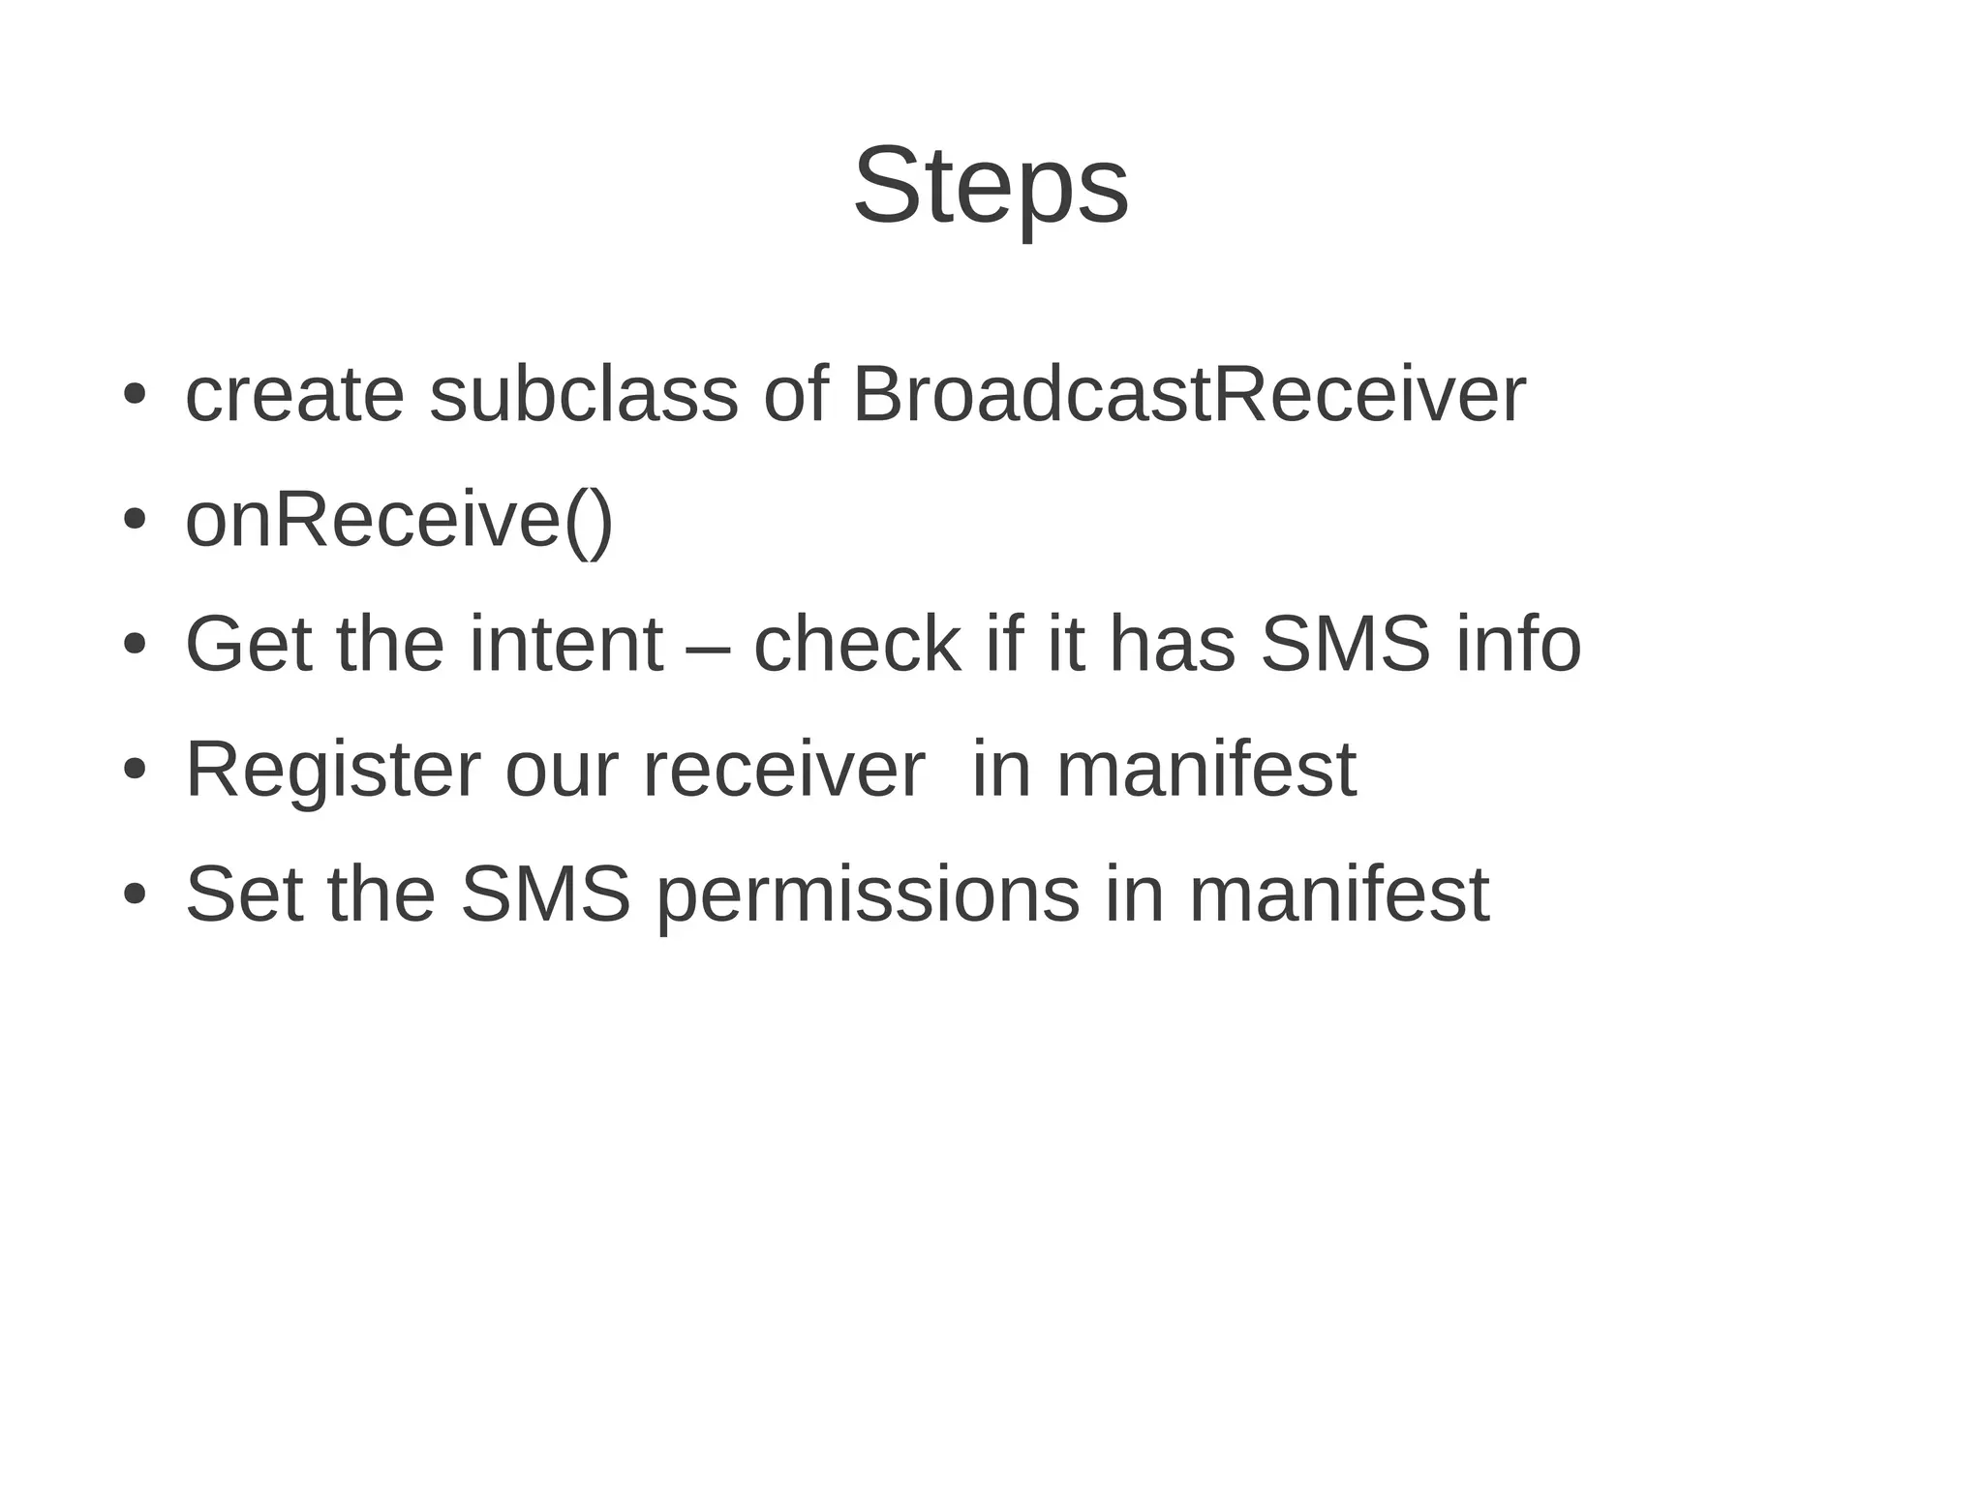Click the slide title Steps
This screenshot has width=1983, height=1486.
[991, 186]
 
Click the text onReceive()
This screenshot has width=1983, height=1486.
[399, 521]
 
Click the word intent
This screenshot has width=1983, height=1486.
[566, 645]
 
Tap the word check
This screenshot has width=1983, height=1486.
[857, 645]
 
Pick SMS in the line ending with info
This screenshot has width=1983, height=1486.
[1345, 645]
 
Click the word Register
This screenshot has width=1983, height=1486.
[332, 771]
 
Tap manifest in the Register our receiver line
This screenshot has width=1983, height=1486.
[1205, 771]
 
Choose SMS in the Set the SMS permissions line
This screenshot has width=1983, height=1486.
[545, 895]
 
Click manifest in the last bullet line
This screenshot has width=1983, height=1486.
[1338, 895]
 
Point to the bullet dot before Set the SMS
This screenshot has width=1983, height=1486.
[135, 895]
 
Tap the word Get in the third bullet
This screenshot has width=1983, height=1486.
[248, 645]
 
